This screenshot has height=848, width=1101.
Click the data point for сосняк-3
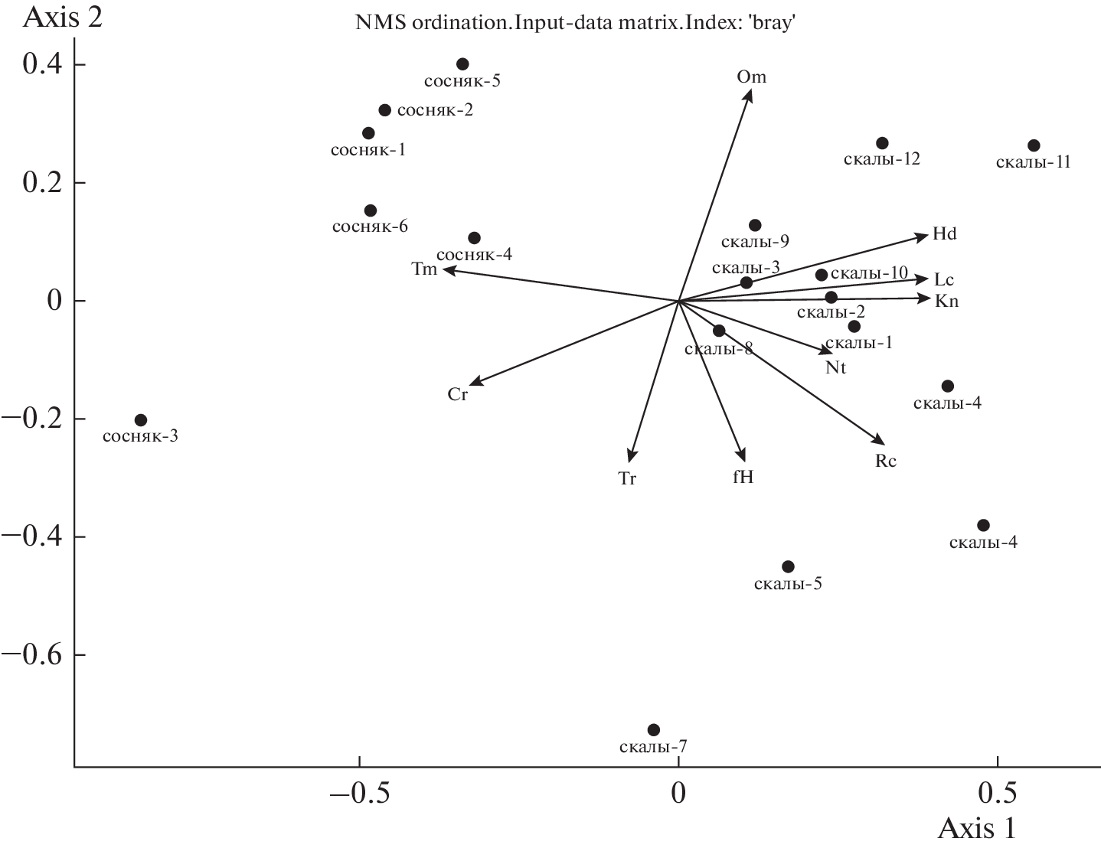141,420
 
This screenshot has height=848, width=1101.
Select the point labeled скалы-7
653,730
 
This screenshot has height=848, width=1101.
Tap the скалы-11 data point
1034,145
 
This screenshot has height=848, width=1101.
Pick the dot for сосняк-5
462,64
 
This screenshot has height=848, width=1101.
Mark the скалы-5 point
788,567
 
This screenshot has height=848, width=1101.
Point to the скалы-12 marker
882,143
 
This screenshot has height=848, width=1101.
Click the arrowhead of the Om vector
750,91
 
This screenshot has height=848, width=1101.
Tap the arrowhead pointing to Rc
883,442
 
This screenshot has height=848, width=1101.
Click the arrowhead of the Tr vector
629,460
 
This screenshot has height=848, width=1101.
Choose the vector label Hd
944,234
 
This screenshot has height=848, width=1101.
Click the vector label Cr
457,395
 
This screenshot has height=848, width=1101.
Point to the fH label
743,477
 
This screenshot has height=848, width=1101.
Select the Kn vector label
946,301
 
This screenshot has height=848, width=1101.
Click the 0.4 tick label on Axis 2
42,65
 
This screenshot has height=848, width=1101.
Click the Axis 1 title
978,830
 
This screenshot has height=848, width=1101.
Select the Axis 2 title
64,17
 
